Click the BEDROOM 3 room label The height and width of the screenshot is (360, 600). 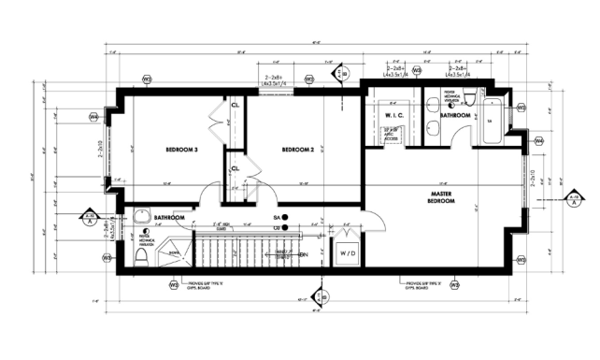coord(182,150)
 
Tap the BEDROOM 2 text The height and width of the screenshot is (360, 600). coord(296,150)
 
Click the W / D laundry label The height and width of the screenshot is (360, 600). coord(347,252)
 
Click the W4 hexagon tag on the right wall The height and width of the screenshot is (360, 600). coord(539,140)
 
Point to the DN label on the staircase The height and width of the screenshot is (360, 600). coord(304,253)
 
